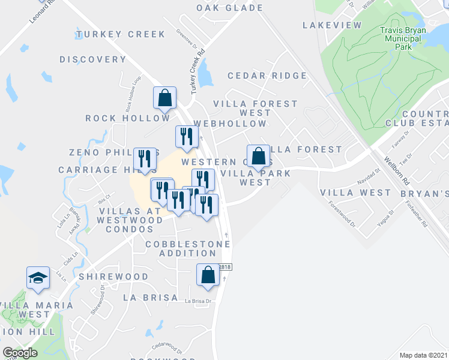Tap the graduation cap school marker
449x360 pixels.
tap(37, 278)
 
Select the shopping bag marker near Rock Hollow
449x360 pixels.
tap(165, 98)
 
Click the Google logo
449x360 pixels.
tap(20, 353)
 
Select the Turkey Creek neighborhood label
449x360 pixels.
tap(121, 34)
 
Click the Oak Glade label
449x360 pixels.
tap(230, 8)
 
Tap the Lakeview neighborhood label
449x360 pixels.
tap(332, 25)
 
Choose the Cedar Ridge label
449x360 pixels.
tap(267, 76)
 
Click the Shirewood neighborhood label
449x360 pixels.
tap(113, 277)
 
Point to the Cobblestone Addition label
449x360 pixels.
tap(187, 249)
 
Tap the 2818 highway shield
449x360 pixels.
tap(225, 268)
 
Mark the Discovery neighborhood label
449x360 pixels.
tap(93, 59)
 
